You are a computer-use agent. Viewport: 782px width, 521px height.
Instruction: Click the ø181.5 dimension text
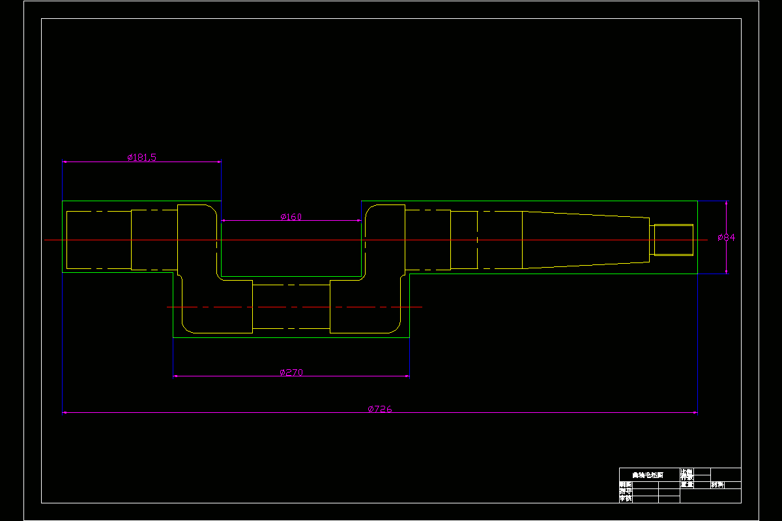(x=141, y=157)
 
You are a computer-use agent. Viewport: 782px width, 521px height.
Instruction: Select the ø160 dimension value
(x=291, y=217)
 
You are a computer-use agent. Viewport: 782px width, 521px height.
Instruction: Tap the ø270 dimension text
(x=291, y=373)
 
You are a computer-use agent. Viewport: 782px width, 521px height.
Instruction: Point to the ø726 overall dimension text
(x=380, y=409)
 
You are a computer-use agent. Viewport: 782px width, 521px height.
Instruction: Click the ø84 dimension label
(x=726, y=238)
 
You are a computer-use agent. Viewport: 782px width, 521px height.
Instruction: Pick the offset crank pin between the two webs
(x=291, y=307)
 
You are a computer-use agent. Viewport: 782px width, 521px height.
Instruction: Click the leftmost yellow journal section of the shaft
(x=98, y=240)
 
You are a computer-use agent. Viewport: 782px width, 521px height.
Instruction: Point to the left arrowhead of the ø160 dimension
(x=224, y=221)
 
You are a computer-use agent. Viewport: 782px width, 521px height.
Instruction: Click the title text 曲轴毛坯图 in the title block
(x=648, y=475)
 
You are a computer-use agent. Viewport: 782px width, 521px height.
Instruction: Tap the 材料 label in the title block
(x=717, y=485)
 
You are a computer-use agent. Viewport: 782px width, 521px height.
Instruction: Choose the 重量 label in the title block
(x=687, y=485)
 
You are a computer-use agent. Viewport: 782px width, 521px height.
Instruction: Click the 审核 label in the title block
(x=626, y=499)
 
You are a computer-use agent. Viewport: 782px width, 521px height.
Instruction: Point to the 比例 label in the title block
(x=687, y=471)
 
